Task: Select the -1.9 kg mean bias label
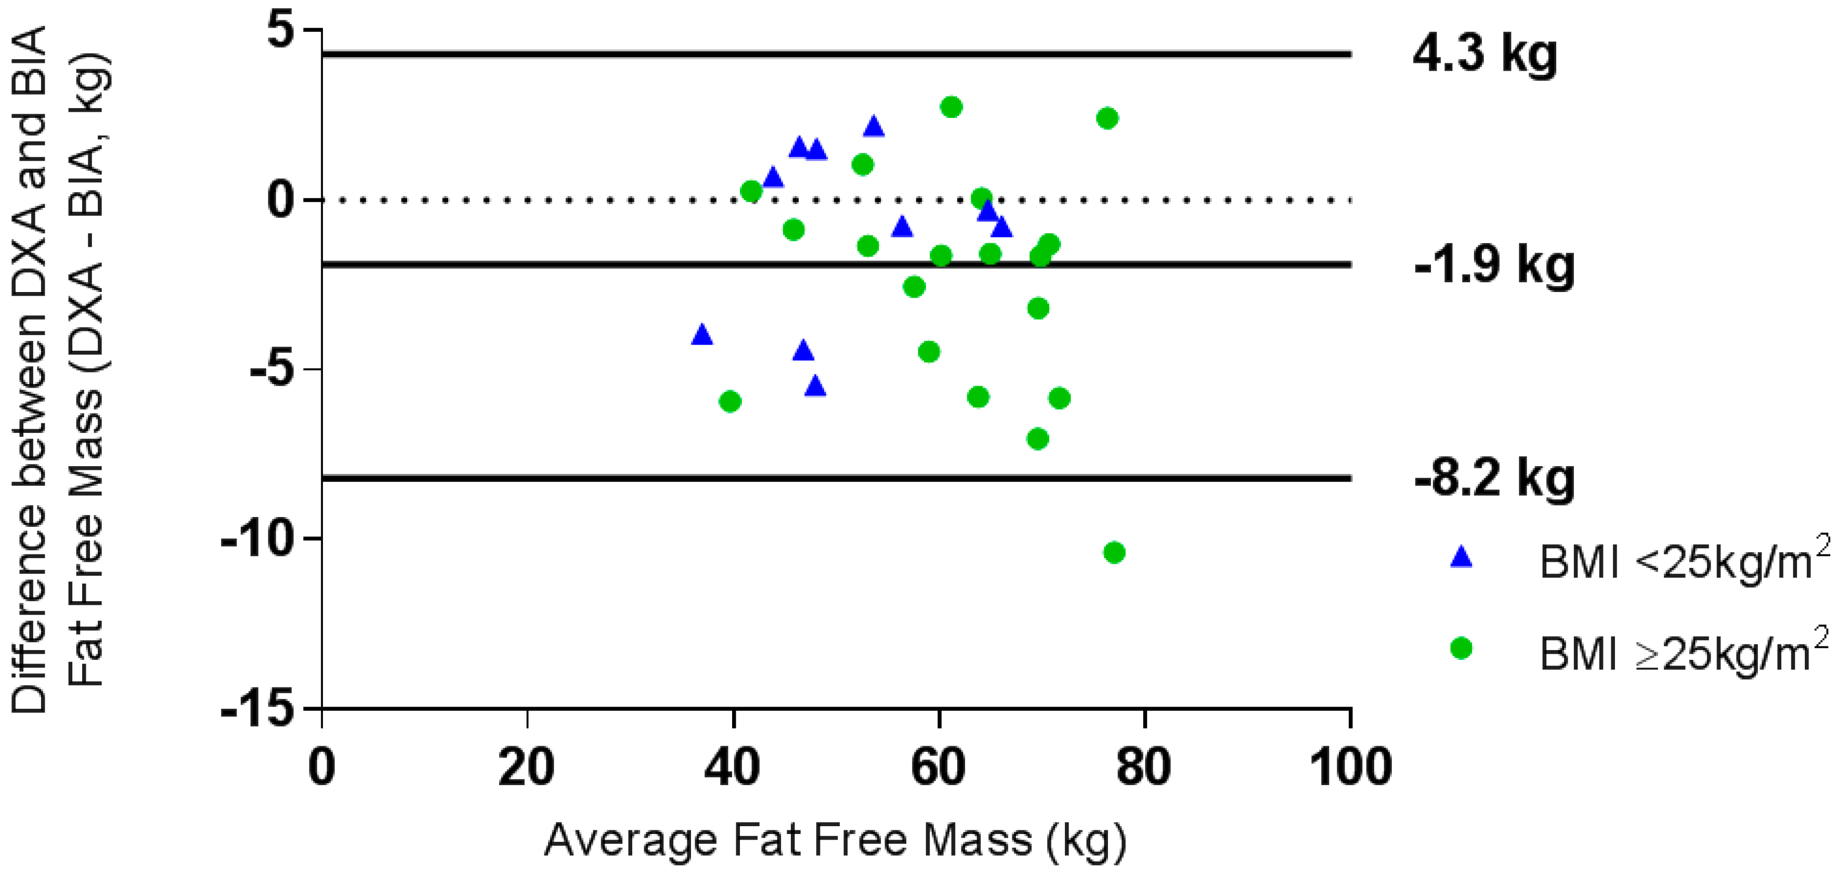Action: click(1494, 265)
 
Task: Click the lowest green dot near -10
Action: click(1114, 552)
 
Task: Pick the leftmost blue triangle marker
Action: click(702, 334)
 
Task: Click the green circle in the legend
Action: click(1461, 648)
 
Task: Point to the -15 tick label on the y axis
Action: click(257, 709)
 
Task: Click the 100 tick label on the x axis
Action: click(1350, 768)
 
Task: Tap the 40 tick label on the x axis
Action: click(733, 768)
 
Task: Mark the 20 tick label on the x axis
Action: click(526, 768)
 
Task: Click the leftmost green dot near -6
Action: click(729, 402)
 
